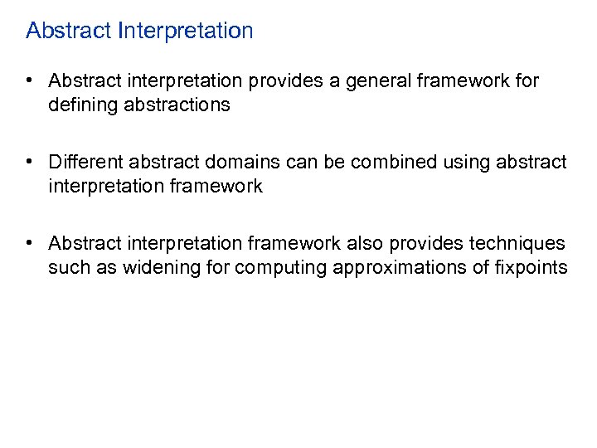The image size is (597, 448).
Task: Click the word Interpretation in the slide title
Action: (186, 32)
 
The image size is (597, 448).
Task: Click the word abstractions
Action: (177, 105)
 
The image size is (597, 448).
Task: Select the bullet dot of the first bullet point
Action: (29, 81)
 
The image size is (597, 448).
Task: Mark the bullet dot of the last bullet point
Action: (29, 243)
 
